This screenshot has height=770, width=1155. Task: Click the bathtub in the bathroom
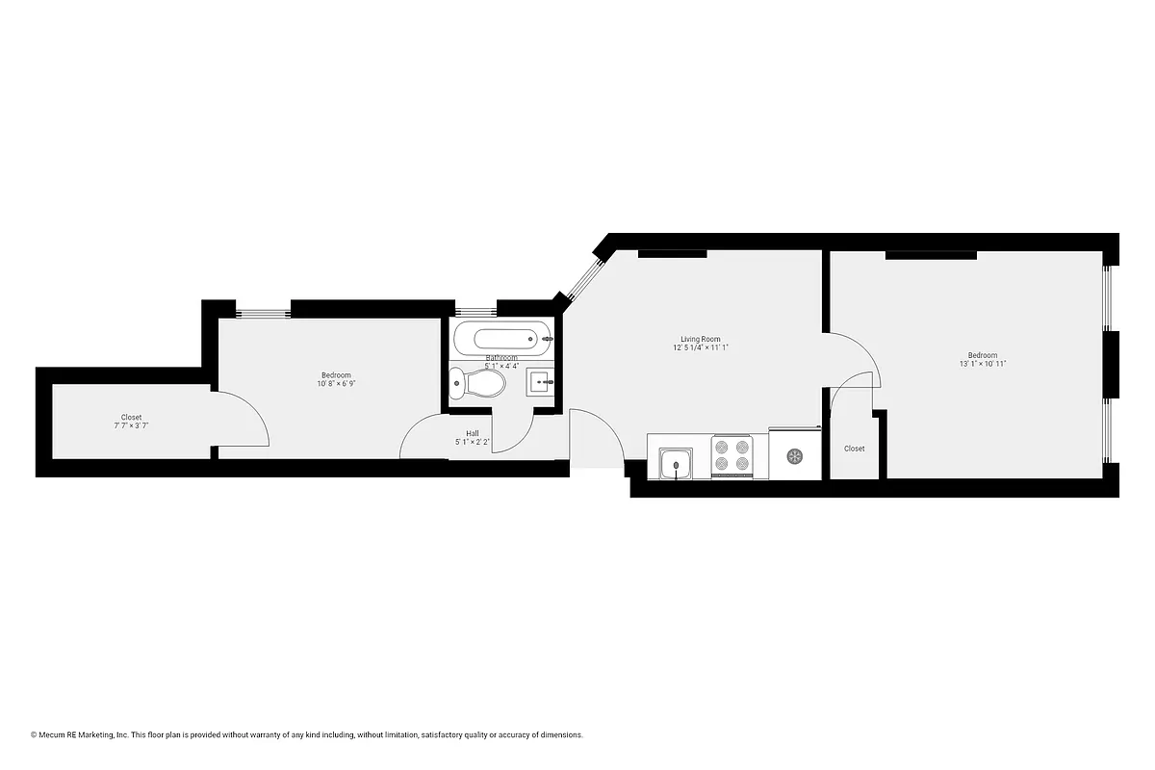[x=503, y=338]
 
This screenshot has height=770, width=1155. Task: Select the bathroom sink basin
[x=541, y=382]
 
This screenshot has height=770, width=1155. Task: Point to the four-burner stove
[x=731, y=455]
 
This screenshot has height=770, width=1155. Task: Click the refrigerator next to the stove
[x=794, y=455]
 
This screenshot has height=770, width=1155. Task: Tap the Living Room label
[x=700, y=339]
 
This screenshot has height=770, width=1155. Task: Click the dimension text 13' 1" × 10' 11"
[x=983, y=364]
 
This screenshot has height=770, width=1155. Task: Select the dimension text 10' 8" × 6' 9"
[x=336, y=384]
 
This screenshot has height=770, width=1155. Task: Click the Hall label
[x=473, y=433]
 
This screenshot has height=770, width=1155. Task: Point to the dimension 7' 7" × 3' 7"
[x=131, y=426]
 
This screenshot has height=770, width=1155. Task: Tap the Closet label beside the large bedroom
[x=854, y=449]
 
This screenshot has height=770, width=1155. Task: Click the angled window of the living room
[x=580, y=279]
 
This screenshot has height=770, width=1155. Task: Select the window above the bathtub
[x=475, y=311]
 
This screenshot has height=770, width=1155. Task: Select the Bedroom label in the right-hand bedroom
[x=983, y=354]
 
